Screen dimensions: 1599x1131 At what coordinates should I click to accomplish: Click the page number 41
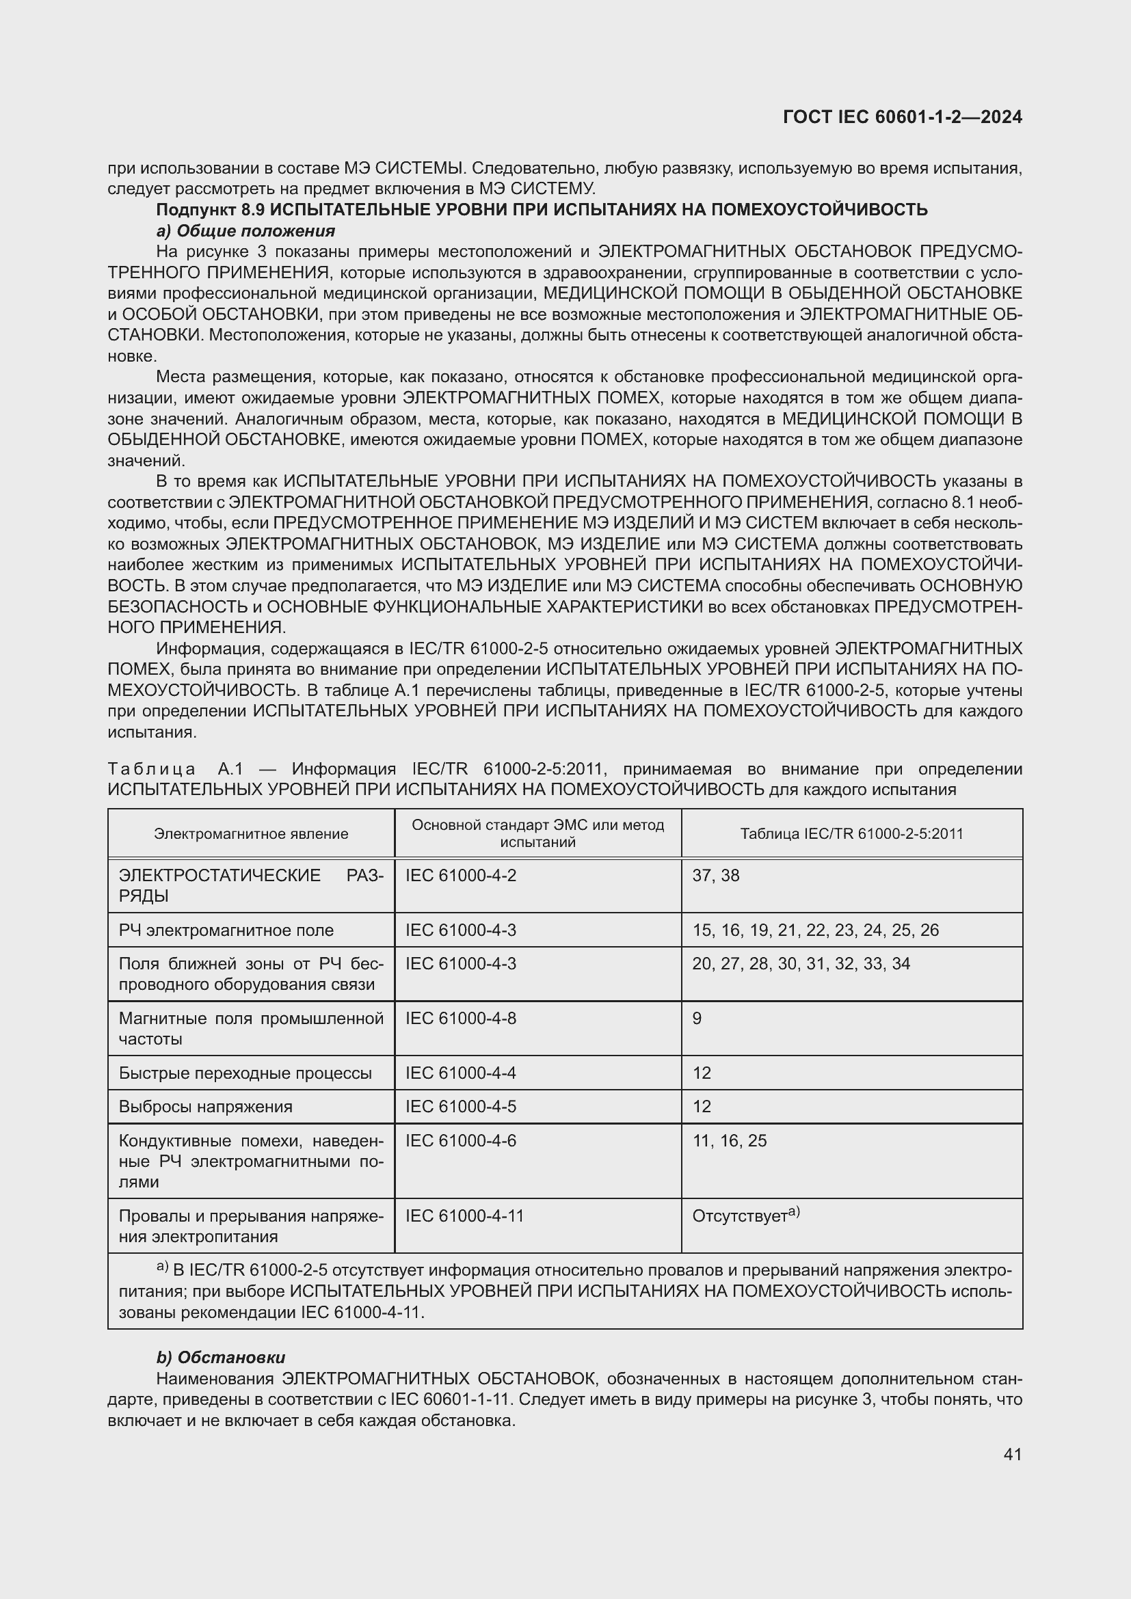1013,1454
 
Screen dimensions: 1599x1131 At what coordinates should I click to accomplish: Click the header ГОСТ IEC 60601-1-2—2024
903,117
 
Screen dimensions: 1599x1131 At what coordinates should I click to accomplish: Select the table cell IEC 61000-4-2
461,876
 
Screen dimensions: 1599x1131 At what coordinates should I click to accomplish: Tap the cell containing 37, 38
716,876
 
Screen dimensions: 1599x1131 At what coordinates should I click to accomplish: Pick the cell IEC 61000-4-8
461,1019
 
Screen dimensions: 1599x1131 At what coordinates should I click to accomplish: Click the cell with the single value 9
697,1019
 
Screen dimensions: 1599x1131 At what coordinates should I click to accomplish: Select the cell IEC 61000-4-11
464,1216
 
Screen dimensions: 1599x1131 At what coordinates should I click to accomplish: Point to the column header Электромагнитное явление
251,833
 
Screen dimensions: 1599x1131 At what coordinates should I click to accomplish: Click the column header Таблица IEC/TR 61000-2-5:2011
851,833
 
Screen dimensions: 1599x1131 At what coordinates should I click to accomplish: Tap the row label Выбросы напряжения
205,1107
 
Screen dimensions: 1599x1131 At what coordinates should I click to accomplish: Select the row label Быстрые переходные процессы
245,1073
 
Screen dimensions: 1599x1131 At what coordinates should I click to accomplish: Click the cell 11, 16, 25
729,1141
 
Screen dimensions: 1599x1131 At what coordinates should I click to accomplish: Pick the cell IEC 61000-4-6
461,1141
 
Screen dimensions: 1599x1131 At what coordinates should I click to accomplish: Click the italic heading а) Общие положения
245,230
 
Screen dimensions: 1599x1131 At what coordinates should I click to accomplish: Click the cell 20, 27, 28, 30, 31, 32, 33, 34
801,964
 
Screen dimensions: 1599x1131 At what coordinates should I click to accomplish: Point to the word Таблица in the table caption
152,769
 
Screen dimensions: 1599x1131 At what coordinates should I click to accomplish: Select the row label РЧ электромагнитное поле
226,930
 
